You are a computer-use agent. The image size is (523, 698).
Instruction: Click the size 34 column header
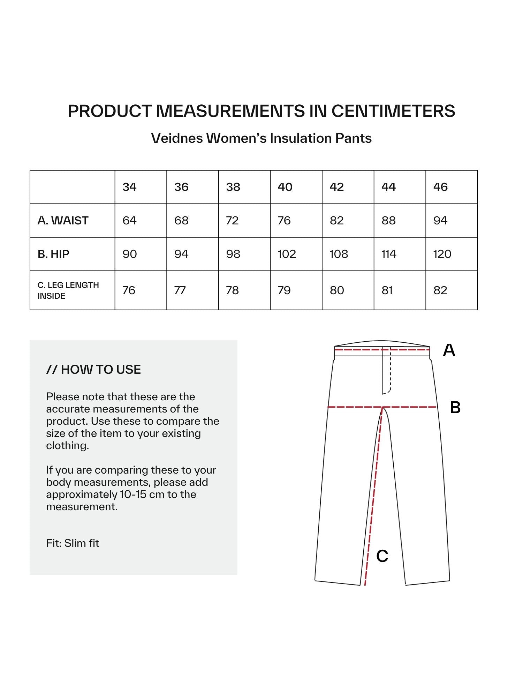[x=129, y=187]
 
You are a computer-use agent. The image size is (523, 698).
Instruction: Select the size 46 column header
[x=440, y=187]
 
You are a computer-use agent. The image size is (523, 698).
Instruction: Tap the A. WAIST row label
[x=63, y=221]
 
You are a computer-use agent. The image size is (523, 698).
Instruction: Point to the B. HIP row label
[x=53, y=254]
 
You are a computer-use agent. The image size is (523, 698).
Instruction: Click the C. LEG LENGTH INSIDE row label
[x=68, y=290]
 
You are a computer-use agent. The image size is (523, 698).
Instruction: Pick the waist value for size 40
[x=284, y=221]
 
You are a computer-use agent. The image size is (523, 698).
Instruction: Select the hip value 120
[x=442, y=254]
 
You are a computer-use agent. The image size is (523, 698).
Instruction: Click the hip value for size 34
[x=129, y=254]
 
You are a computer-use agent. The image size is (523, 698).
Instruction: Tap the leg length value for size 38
[x=232, y=290]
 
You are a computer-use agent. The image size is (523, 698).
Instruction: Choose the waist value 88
[x=388, y=221]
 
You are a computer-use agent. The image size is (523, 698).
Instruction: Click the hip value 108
[x=339, y=254]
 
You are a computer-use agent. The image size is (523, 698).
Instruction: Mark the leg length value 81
[x=387, y=290]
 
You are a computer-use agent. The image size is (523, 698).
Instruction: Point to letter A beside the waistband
[x=449, y=350]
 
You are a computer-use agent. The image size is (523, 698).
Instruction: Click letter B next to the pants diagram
[x=455, y=407]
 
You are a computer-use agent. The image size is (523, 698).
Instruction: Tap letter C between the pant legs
[x=382, y=556]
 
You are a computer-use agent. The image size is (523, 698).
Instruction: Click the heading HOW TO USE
[x=101, y=370]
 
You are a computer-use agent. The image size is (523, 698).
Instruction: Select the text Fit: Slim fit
[x=73, y=543]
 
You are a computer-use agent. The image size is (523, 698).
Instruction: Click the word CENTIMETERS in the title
[x=393, y=111]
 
